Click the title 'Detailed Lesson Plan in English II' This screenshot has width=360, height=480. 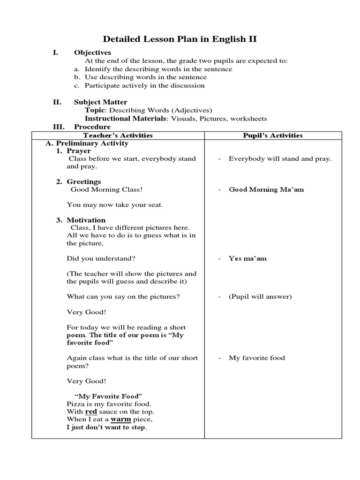click(x=180, y=39)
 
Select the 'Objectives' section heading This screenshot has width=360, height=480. click(x=92, y=52)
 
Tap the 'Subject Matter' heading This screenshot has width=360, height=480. click(x=100, y=102)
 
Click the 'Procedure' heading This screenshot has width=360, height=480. click(x=92, y=127)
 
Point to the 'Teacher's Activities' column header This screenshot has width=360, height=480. click(x=118, y=135)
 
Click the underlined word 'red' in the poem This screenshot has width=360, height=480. click(x=91, y=411)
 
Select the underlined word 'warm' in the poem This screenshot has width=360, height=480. click(x=120, y=419)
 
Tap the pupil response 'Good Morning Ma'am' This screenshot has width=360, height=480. click(x=266, y=189)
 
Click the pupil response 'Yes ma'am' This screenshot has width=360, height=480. click(x=247, y=258)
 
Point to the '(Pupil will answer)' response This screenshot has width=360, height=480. click(x=260, y=296)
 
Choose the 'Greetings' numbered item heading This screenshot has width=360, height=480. click(x=83, y=181)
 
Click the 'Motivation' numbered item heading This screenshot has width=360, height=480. click(x=86, y=220)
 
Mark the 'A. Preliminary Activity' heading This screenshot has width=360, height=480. click(x=87, y=143)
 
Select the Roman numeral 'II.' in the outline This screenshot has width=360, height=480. click(x=57, y=102)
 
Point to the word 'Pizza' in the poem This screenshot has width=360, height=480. click(x=75, y=404)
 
